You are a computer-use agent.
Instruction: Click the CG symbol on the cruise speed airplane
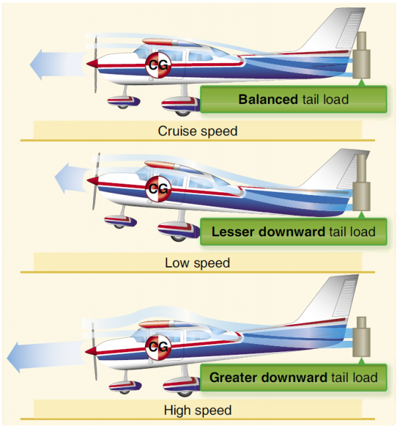(158, 65)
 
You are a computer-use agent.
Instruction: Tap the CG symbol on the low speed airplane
(158, 188)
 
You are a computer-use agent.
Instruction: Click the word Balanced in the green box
(268, 99)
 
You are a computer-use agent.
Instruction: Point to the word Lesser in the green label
(233, 232)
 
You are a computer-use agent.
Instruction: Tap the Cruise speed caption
(198, 131)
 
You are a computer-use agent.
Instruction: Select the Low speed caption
(198, 263)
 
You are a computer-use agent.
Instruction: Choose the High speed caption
(198, 410)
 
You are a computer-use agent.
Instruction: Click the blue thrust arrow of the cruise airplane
(59, 65)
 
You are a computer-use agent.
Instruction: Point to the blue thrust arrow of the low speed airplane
(72, 178)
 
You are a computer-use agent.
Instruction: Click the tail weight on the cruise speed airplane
(362, 55)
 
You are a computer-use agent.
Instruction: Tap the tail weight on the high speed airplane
(362, 337)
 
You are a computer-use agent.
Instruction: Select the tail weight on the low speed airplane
(362, 182)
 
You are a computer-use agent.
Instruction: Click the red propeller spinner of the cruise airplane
(92, 64)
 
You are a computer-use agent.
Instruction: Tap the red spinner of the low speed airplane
(93, 180)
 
